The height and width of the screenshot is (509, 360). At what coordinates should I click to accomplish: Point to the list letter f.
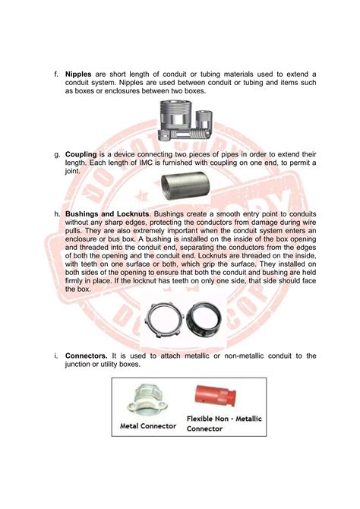point(55,74)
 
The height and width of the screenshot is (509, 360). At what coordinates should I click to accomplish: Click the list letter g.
point(55,154)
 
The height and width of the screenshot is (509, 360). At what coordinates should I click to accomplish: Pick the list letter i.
point(55,356)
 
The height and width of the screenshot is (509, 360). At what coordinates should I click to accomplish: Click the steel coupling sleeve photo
point(180,185)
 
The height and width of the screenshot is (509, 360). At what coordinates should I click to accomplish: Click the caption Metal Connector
point(148,426)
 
